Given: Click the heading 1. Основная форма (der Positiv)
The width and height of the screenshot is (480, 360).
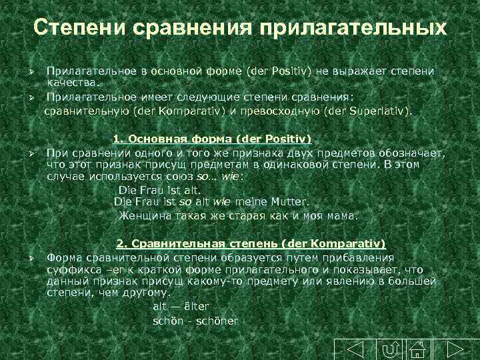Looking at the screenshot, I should click(x=213, y=139).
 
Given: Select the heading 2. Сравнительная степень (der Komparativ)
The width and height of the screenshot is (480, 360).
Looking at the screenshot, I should click(x=251, y=244).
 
